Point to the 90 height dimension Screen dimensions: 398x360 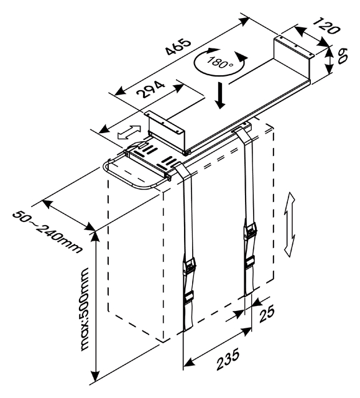pyautogui.click(x=343, y=61)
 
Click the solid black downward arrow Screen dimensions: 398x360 pyautogui.click(x=219, y=96)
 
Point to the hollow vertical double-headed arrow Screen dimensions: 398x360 pyautogui.click(x=289, y=223)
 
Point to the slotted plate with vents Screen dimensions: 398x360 pyautogui.click(x=152, y=155)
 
